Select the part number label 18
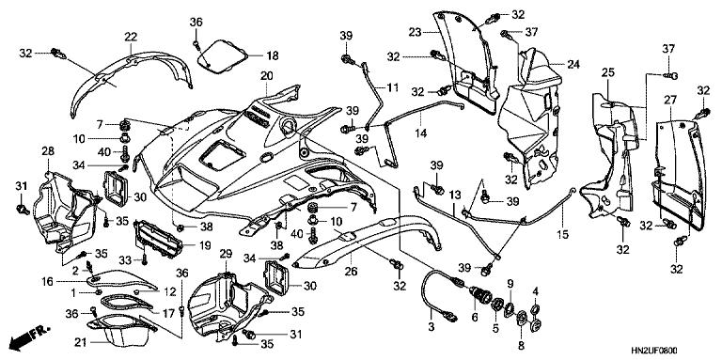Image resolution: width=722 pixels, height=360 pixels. point(272,55)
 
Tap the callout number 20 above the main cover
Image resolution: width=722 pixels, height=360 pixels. point(267,75)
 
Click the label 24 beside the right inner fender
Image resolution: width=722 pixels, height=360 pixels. point(573,64)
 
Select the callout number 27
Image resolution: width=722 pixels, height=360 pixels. point(670,100)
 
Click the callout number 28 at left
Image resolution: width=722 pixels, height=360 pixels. point(47,150)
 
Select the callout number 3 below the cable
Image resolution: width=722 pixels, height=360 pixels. point(431,325)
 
